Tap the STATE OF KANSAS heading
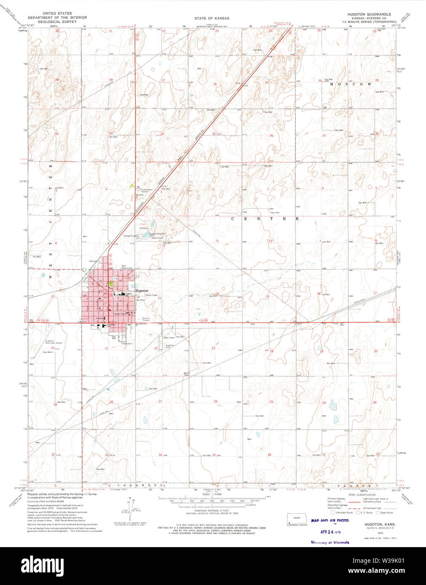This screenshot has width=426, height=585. pos(212,18)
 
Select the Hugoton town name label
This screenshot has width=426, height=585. pos(142,290)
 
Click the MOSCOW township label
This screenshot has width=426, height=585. pos(351,84)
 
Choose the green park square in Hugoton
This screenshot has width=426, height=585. pos(111,283)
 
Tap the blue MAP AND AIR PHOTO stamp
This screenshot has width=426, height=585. pos(330,521)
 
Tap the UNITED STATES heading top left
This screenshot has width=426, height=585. pos(57,13)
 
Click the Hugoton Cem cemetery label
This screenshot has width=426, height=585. pos(170,346)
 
